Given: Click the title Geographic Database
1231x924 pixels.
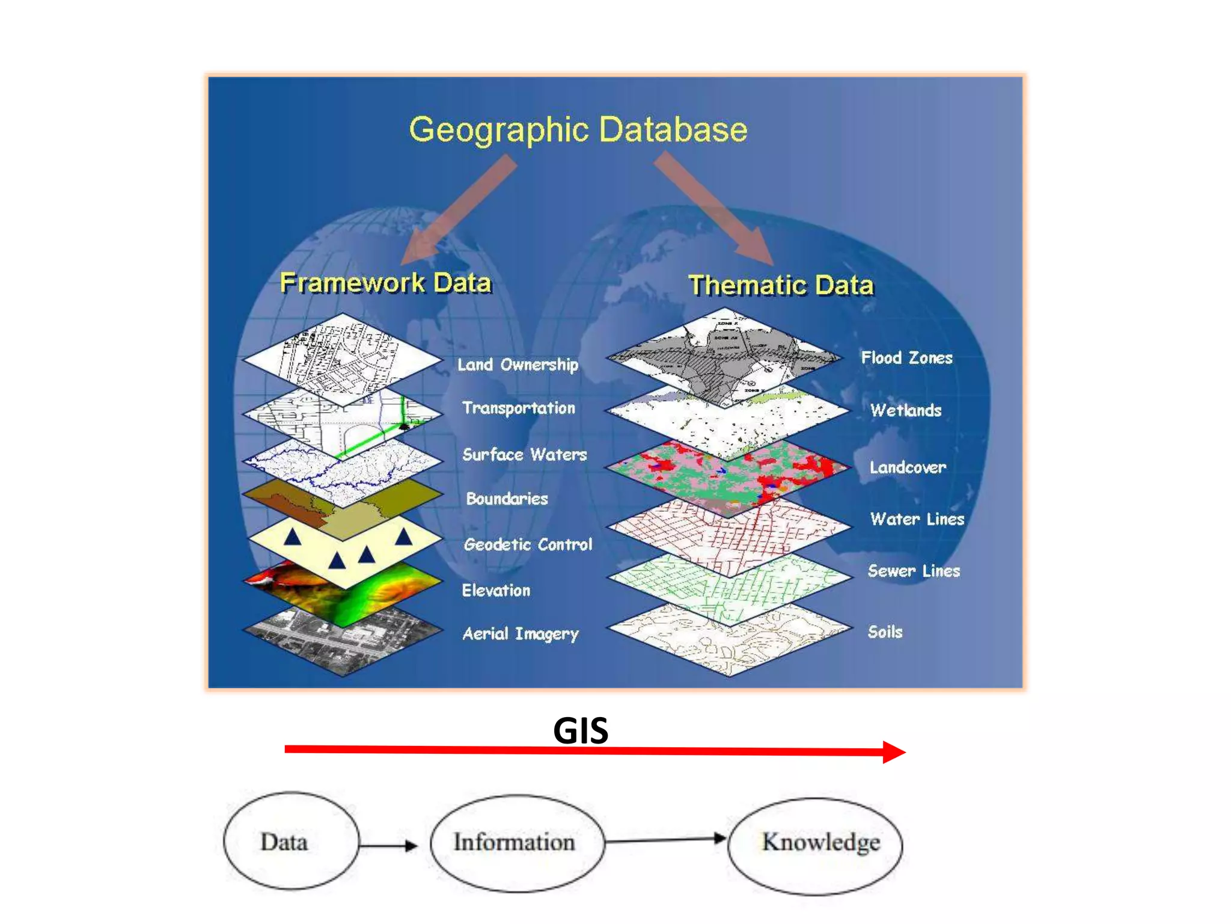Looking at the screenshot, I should click(578, 129).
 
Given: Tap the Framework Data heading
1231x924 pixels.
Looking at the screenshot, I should click(385, 283).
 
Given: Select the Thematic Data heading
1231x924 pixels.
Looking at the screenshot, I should click(780, 285).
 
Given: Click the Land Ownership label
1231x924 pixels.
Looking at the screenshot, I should click(518, 365).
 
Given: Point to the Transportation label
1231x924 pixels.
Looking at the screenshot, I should click(518, 408).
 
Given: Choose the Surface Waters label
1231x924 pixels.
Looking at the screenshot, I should click(524, 454).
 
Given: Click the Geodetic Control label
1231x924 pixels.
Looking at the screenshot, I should click(528, 544).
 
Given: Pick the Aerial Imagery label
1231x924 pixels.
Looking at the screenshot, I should click(520, 634).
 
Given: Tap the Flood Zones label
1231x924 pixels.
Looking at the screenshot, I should click(906, 358).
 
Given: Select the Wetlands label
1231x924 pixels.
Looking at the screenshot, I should click(905, 410).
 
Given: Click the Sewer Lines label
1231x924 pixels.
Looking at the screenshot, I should click(913, 571).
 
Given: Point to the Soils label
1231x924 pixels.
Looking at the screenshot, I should click(885, 632).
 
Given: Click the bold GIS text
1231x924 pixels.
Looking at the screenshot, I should click(580, 731).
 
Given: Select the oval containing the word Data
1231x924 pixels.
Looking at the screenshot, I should click(291, 841).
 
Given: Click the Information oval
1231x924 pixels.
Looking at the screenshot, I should click(517, 842).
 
